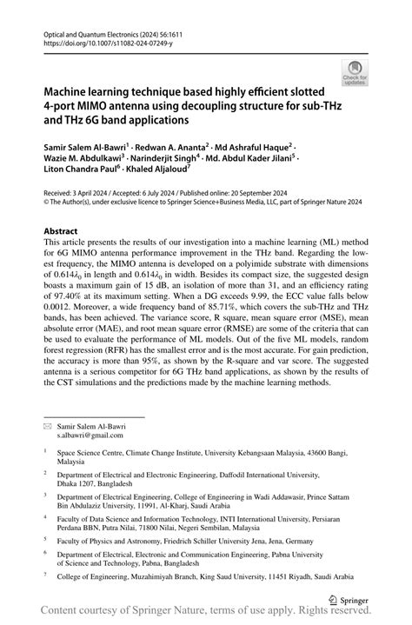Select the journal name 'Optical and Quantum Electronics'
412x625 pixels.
[94, 30]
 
